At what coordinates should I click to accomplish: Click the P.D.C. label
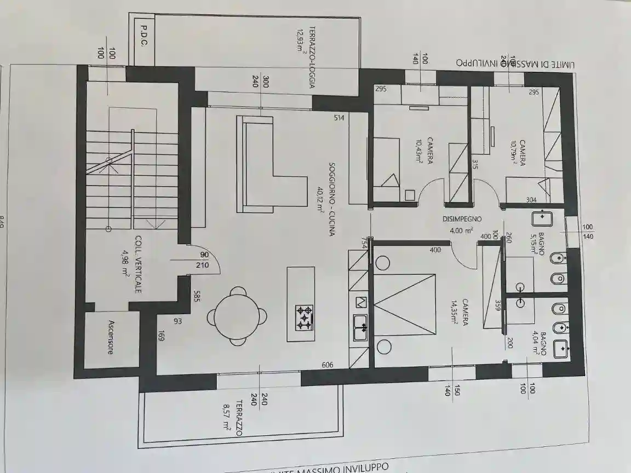(144, 36)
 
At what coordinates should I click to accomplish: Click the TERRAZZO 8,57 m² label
(234, 418)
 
